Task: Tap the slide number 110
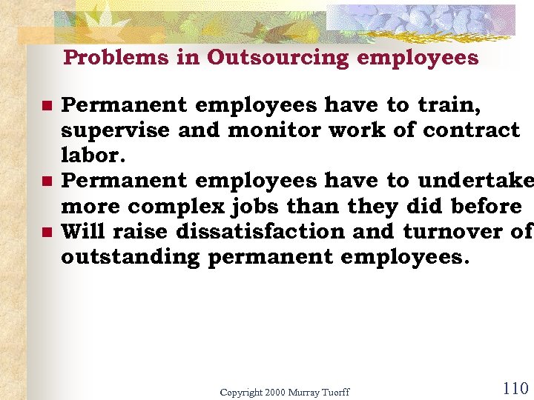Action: tap(515, 388)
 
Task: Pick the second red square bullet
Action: tap(46, 181)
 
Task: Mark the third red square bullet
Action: tap(46, 232)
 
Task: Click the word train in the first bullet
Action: tap(449, 106)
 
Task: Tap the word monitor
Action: tap(278, 131)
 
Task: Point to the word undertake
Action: tap(475, 181)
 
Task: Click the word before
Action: tap(486, 206)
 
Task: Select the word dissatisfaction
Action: tap(260, 232)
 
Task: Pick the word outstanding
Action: tap(131, 258)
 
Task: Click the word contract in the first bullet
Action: tap(471, 131)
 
